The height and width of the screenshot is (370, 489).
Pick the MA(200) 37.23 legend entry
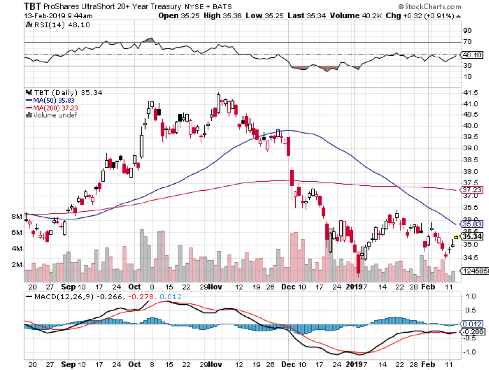coord(49,107)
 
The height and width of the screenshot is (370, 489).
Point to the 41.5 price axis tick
coord(470,93)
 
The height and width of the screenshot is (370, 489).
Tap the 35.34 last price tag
coord(472,236)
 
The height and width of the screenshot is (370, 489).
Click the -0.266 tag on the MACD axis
coord(472,332)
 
